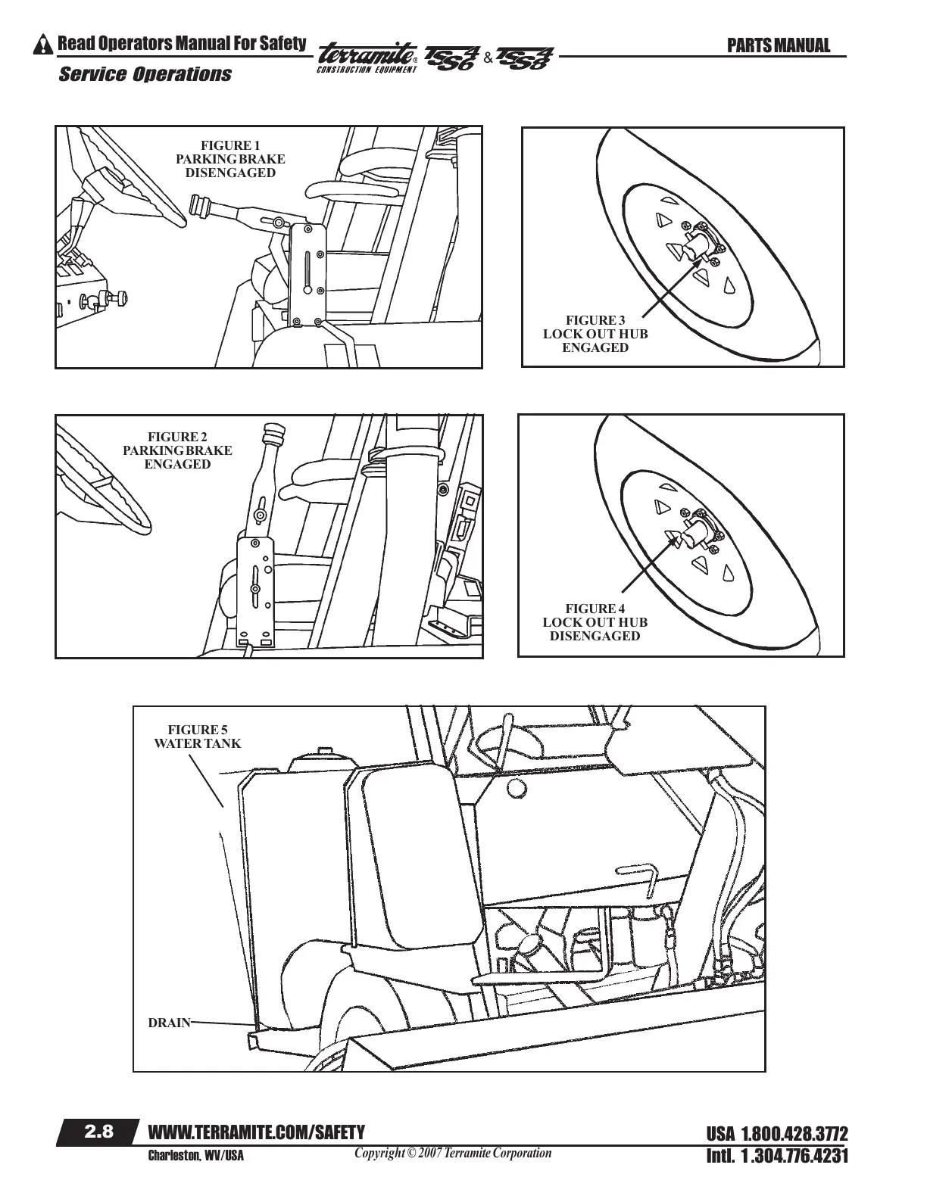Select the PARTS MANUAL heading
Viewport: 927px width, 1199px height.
(778, 45)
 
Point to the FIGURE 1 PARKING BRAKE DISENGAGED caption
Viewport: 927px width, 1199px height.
(230, 158)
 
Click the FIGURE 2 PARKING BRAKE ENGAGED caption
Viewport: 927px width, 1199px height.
(177, 450)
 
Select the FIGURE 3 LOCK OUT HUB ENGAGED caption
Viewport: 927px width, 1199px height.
(595, 334)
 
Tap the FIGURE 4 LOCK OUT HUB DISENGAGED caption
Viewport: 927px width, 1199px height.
(595, 622)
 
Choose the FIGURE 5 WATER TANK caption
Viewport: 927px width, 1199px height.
(197, 737)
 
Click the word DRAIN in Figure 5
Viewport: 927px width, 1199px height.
(169, 1023)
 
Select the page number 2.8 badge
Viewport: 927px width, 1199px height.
(98, 1132)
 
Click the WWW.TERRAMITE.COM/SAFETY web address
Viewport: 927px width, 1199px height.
(257, 1132)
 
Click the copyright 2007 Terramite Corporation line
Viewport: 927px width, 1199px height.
(453, 1153)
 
